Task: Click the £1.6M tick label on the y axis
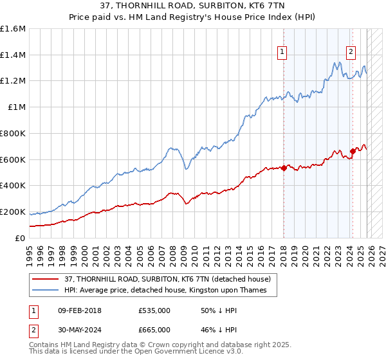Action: (x=13, y=29)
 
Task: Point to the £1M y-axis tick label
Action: (x=16, y=107)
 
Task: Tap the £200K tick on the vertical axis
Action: (x=13, y=212)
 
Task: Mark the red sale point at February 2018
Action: (x=283, y=168)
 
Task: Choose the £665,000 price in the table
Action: (x=154, y=329)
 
